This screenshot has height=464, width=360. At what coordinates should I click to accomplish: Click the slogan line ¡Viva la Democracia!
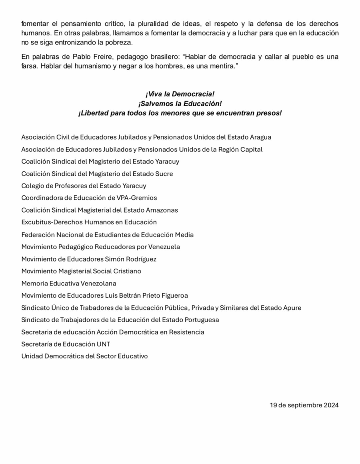[x=180, y=94]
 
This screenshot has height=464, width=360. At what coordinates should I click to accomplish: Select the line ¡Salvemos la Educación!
[x=180, y=103]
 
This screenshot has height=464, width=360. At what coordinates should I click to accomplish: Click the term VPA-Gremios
[x=136, y=198]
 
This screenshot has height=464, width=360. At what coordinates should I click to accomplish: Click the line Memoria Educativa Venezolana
[x=68, y=284]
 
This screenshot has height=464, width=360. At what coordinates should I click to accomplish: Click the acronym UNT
[x=104, y=344]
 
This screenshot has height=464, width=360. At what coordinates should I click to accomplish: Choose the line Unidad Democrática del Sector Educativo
[x=84, y=357]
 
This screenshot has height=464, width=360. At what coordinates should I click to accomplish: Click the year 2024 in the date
[x=331, y=405]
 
